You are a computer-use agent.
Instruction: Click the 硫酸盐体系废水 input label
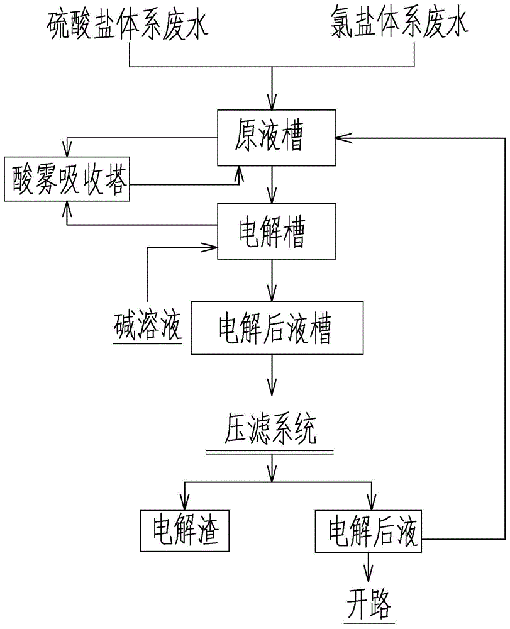point(128,26)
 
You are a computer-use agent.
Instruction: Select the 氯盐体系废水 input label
point(399,26)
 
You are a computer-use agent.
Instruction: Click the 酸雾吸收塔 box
point(67,179)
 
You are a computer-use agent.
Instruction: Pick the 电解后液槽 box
point(277,328)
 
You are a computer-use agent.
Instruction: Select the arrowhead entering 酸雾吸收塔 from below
point(65,208)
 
